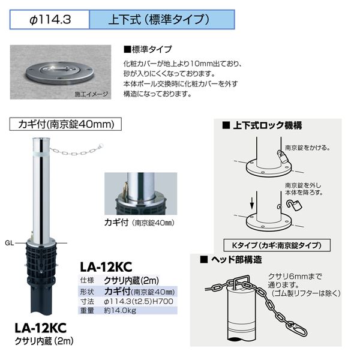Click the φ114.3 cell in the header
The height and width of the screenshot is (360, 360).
[x=49, y=20]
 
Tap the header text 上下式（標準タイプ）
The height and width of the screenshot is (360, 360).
[x=159, y=19]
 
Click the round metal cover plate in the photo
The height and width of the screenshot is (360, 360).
[x=59, y=73]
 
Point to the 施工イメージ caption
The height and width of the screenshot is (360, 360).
[x=91, y=94]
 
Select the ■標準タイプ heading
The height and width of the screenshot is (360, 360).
[x=148, y=49]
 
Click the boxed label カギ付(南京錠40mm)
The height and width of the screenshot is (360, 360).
[x=65, y=124]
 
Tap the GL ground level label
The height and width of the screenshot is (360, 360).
[x=9, y=243]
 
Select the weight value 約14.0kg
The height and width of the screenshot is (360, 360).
[x=120, y=310]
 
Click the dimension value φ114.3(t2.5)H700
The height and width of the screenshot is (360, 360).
[x=139, y=301]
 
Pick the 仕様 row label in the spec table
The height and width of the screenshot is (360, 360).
[x=87, y=280]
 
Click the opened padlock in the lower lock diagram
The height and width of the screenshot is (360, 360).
[x=294, y=205]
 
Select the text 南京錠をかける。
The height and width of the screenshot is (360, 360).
[x=308, y=148]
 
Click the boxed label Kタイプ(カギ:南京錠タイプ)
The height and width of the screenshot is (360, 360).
[x=277, y=245]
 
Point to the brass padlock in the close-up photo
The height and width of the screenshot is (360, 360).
[x=125, y=188]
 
